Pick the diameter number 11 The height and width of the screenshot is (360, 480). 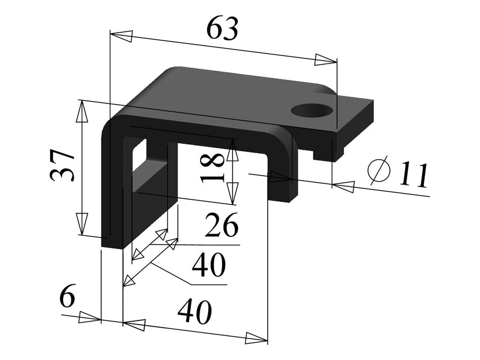coord(413,175)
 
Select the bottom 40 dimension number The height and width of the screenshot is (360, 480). coord(195,313)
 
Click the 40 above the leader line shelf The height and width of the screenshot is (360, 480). coord(208,266)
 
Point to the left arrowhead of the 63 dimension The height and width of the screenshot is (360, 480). coord(121,36)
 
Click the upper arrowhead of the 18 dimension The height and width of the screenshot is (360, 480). coord(232,149)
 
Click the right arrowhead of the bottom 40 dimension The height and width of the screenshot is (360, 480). coord(256,338)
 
